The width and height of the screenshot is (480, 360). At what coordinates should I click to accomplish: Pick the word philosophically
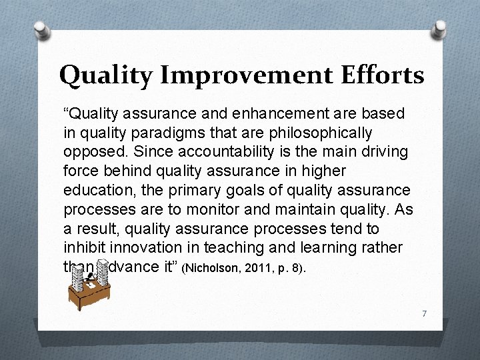pyautogui.click(x=317, y=133)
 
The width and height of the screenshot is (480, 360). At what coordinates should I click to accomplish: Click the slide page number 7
pyautogui.click(x=424, y=313)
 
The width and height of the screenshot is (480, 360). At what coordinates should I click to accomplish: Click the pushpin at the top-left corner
pyautogui.click(x=41, y=31)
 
